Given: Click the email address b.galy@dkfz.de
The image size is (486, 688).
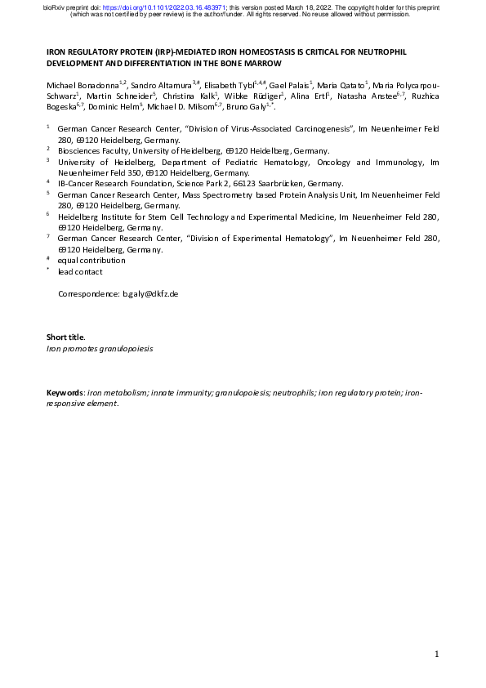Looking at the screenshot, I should click(x=150, y=293).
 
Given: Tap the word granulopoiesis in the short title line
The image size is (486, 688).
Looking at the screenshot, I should click(x=125, y=348).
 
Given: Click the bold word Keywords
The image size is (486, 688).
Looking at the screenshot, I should click(x=65, y=393).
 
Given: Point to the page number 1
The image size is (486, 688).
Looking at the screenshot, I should click(x=437, y=654).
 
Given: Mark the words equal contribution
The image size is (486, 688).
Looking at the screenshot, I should click(x=91, y=261).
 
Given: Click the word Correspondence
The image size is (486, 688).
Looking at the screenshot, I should click(x=87, y=293).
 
